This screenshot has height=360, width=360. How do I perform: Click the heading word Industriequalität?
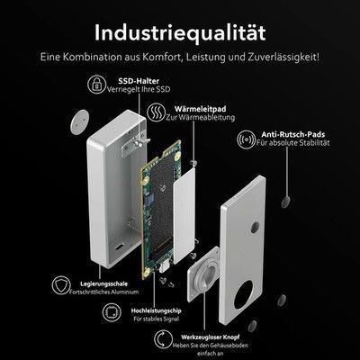[x=180, y=33]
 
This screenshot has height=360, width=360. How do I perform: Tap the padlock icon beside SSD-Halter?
[x=96, y=84]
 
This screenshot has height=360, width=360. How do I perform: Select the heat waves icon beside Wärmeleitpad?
[x=156, y=112]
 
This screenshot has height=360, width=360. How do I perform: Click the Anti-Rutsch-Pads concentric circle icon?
[x=246, y=139]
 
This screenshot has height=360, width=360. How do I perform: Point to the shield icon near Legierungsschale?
[x=61, y=285]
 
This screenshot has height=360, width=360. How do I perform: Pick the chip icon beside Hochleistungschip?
[x=112, y=312]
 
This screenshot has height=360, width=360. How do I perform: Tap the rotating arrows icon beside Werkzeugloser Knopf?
[x=164, y=339]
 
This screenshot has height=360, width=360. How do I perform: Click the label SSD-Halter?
[x=139, y=81]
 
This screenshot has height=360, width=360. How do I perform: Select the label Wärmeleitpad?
[x=200, y=109]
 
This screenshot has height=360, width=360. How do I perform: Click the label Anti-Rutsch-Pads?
[x=292, y=135]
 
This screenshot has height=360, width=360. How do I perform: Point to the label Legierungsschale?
[x=103, y=283]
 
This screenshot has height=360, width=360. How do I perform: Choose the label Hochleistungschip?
[x=156, y=310]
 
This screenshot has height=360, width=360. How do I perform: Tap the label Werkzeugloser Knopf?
[x=211, y=337]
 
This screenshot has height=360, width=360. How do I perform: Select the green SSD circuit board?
[x=161, y=209]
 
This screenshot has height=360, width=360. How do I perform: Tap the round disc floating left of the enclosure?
[x=79, y=121]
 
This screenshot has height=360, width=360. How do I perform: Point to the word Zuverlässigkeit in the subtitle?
[x=282, y=57]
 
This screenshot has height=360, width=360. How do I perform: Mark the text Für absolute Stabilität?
[x=293, y=143]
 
